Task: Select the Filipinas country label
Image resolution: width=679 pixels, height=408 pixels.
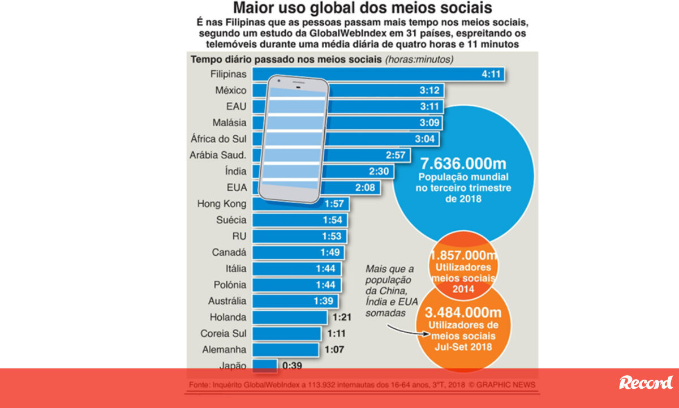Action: coord(229,74)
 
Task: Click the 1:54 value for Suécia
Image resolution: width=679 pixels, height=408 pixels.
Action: coord(333,220)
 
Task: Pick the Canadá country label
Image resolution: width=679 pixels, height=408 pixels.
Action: coord(229,252)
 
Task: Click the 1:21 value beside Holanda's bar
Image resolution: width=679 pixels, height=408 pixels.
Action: coord(342,317)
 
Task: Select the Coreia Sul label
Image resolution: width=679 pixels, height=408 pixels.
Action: coord(224,334)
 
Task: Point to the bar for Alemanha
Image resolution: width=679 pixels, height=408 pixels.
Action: coord(286,350)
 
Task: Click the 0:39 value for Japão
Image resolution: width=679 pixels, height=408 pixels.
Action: coord(292,366)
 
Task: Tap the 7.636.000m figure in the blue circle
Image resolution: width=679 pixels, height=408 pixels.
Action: coord(463,164)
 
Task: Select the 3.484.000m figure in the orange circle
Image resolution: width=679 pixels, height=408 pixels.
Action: coord(463,313)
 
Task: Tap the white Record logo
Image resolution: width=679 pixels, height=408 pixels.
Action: coord(646,383)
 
